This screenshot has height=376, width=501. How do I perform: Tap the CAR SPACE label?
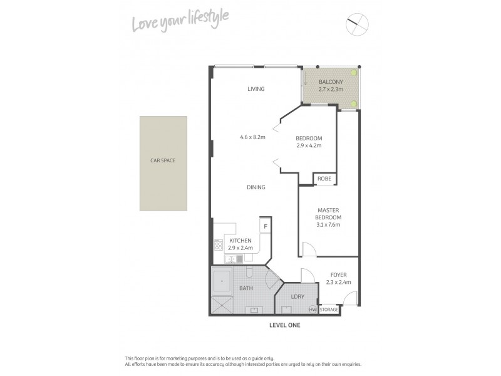pos(163,160)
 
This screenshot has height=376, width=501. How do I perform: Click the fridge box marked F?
pos(266,226)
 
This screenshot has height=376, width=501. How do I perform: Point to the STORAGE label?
pos(329,310)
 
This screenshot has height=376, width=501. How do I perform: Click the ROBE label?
pos(324,179)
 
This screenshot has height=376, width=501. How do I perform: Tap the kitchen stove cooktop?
pos(219,244)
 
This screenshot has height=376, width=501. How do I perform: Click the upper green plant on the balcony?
pos(354,73)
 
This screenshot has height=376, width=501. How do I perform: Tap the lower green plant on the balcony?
pos(354,104)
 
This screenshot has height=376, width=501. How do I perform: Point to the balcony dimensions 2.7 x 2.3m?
pos(331,90)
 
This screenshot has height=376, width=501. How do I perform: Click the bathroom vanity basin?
pos(255,309)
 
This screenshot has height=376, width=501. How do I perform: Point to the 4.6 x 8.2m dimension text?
pos(252,137)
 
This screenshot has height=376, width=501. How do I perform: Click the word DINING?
pos(256,187)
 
